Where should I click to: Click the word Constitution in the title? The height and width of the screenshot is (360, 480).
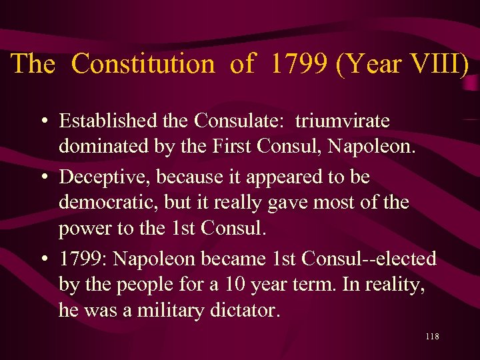click(143, 64)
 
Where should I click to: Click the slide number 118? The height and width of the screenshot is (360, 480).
click(431, 337)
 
